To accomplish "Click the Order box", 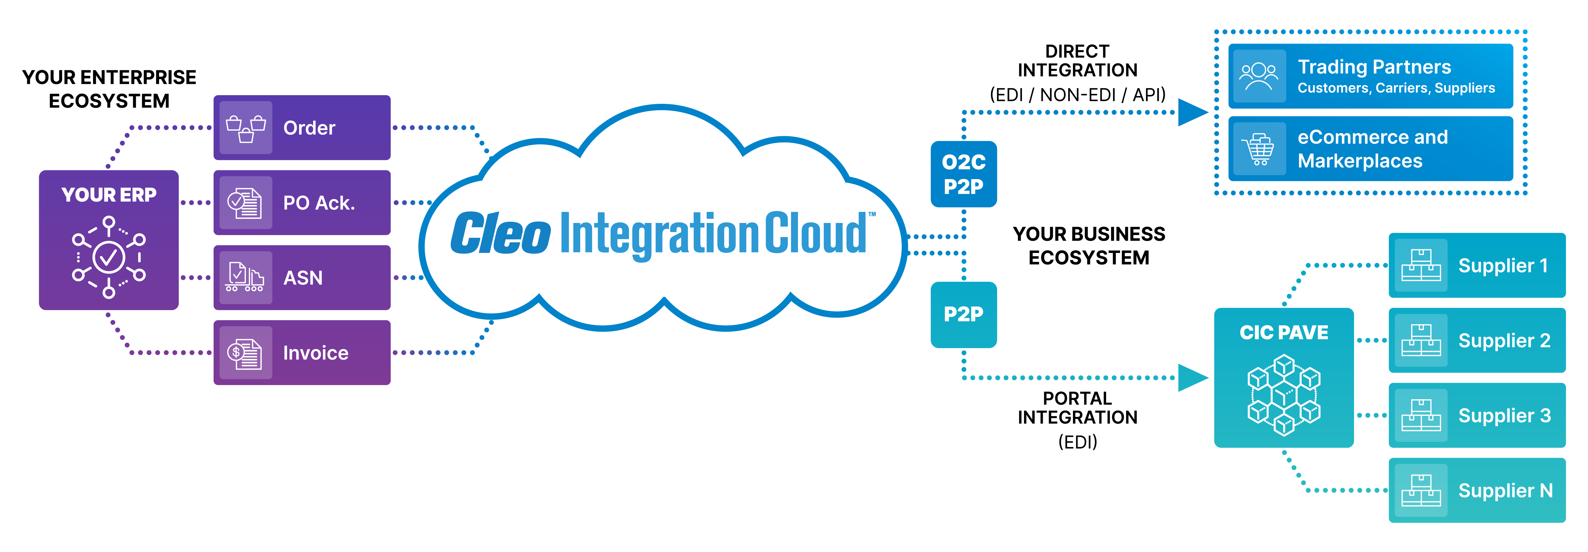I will [x=302, y=128].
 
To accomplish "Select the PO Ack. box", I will [x=302, y=203].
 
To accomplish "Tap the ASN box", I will [x=302, y=278].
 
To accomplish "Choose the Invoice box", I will [x=302, y=353].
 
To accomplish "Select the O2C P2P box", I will [x=964, y=174].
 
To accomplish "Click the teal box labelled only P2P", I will [x=964, y=315].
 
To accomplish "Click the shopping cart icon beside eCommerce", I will [x=1260, y=149].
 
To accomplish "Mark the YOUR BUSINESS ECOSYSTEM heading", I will [x=1089, y=246].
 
